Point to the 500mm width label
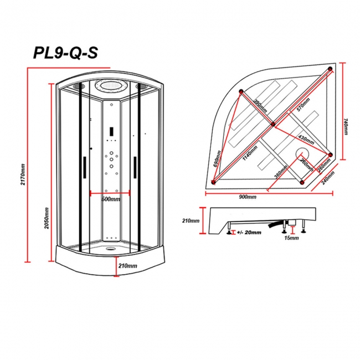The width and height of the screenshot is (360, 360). click(x=110, y=199)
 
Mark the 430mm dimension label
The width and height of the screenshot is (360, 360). click(x=306, y=136)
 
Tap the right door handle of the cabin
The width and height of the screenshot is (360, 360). click(x=135, y=167)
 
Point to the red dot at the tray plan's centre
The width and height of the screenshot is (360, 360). click(x=272, y=125)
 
